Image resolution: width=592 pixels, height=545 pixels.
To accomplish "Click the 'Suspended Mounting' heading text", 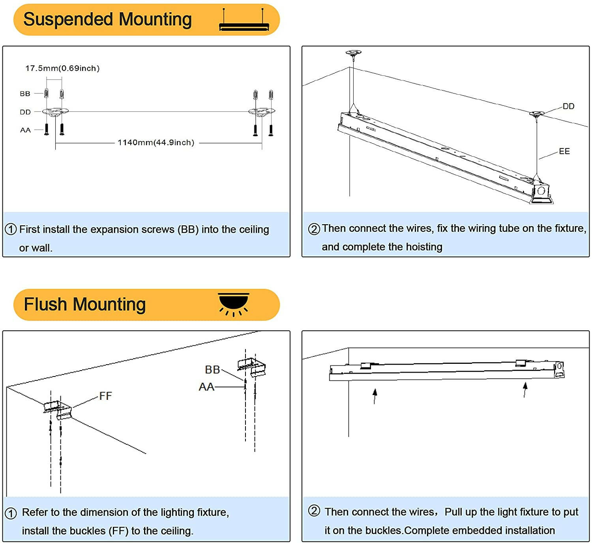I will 107,19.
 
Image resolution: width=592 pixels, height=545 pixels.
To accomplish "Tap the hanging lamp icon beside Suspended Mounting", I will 244,21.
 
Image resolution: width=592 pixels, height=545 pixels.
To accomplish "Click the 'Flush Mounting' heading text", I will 85,304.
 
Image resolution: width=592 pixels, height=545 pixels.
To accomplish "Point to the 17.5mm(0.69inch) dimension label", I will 62,68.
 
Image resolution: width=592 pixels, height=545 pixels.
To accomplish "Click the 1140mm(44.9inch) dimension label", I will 156,142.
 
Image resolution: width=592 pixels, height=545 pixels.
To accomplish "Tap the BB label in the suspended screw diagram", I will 25,94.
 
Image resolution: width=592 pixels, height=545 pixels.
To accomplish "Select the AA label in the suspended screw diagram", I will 25,130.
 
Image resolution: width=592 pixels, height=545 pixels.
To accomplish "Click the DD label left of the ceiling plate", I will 25,112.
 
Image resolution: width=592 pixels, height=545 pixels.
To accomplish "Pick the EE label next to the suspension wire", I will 564,151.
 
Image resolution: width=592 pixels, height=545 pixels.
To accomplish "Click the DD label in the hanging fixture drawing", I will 568,106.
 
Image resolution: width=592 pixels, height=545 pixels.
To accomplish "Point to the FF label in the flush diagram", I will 105,396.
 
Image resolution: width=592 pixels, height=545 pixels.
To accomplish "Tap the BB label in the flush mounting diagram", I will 212,369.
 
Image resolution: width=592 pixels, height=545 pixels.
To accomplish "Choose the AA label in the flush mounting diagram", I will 206,387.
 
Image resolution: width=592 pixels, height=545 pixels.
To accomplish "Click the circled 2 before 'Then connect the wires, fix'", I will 314,229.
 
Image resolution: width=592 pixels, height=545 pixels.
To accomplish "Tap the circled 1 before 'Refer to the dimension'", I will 11,513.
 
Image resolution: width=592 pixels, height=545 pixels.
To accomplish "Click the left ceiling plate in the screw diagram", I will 55,112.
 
